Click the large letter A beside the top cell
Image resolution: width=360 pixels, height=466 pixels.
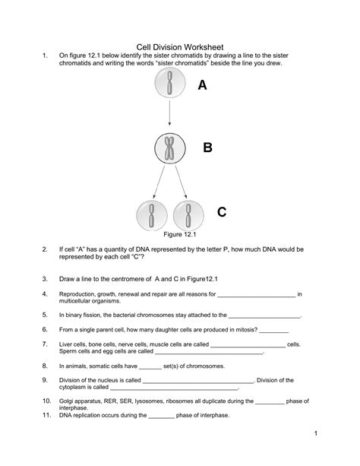[x=201, y=86]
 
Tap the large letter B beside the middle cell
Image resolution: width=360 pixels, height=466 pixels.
[x=207, y=147]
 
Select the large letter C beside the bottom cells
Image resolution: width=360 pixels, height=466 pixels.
[x=221, y=213]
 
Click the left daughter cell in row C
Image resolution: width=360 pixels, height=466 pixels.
[x=152, y=215]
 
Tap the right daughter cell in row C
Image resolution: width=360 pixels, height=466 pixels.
[x=188, y=215]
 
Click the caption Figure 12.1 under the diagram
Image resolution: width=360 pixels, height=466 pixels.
[x=170, y=236]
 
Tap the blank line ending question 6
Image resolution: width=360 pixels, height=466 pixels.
[x=274, y=330]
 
